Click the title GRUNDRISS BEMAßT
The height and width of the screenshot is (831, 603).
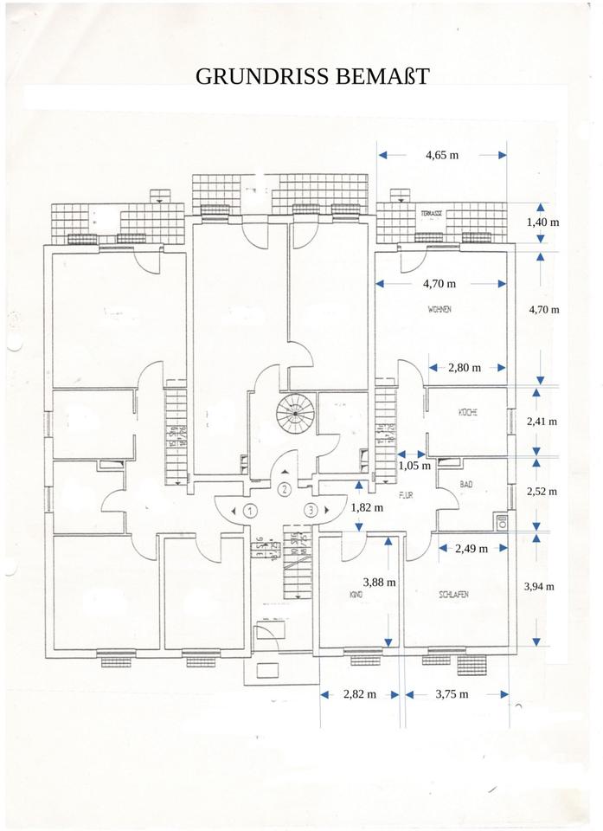pyautogui.click(x=312, y=76)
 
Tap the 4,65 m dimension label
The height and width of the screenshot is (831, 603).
pyautogui.click(x=441, y=155)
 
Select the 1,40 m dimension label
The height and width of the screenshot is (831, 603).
pyautogui.click(x=542, y=222)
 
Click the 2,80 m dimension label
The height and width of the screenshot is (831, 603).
pyautogui.click(x=465, y=368)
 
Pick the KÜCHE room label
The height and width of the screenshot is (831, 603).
pyautogui.click(x=468, y=414)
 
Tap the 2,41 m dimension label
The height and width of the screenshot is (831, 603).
pyautogui.click(x=542, y=422)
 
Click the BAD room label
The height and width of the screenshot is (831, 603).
pyautogui.click(x=466, y=485)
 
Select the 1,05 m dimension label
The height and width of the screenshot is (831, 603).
pyautogui.click(x=414, y=466)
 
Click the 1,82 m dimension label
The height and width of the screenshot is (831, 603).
pyautogui.click(x=367, y=508)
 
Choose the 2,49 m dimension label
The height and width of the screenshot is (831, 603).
pyautogui.click(x=471, y=548)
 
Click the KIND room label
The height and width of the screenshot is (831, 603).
pyautogui.click(x=355, y=596)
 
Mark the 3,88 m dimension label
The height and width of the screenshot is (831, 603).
pyautogui.click(x=380, y=583)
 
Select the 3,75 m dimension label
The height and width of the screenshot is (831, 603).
pyautogui.click(x=452, y=694)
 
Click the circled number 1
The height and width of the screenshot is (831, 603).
pyautogui.click(x=250, y=510)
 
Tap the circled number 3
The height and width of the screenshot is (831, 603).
pyautogui.click(x=311, y=510)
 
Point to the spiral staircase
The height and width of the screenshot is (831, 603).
pyautogui.click(x=292, y=415)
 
